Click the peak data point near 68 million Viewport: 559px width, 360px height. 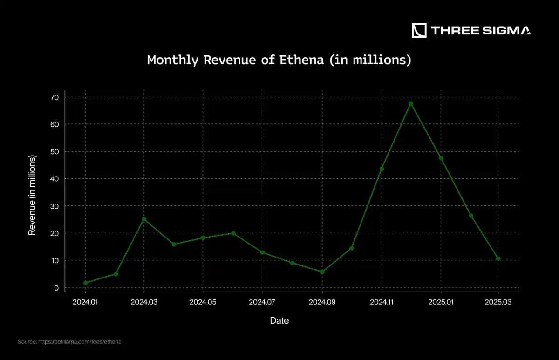pos(411,103)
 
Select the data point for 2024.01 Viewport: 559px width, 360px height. pos(85,283)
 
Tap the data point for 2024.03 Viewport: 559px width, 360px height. pos(144,219)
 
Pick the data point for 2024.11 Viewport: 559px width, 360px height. pos(382,169)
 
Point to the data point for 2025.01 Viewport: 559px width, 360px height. pos(441,158)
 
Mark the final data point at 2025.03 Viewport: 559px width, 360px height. pos(498,258)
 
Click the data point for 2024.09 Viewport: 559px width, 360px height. pos(322,272)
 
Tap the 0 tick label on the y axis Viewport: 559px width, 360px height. pos(56,288)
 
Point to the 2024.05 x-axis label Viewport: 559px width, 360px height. pos(203,302)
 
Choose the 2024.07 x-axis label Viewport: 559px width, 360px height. pos(262,302)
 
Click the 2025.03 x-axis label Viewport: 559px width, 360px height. pos(498,302)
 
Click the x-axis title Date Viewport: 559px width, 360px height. pos(279,320)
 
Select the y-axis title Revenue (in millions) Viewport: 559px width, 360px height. pos(32,195)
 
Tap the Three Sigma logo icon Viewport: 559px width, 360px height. pos(419,31)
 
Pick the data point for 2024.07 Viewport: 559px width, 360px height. pos(262,252)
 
